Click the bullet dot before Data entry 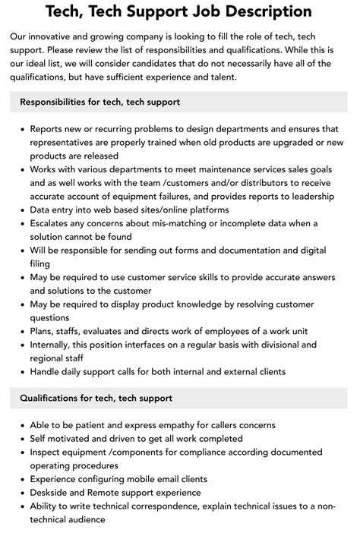tap(21, 209)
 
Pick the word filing tap(41, 263)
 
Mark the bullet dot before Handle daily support tap(21, 372)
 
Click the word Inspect tap(49, 452)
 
